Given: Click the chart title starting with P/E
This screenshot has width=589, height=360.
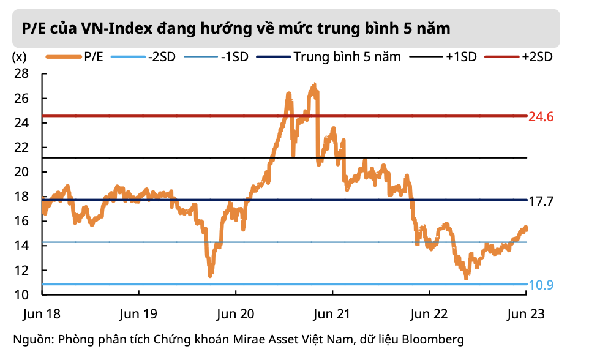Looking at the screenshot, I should [x=236, y=28].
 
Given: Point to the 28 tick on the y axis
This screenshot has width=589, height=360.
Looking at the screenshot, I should [x=21, y=73].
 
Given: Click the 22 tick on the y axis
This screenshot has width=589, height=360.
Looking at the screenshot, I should [x=21, y=148].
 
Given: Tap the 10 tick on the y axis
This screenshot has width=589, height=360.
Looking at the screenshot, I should [x=21, y=294].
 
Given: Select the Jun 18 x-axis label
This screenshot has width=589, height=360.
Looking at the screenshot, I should [x=42, y=313].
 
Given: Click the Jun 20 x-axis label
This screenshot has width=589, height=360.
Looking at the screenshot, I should [x=236, y=313].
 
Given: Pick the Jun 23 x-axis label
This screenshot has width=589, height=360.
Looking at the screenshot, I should [x=526, y=313].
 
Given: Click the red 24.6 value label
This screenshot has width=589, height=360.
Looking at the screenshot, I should [x=541, y=116].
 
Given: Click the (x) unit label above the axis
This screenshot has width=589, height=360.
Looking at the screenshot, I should [x=19, y=57].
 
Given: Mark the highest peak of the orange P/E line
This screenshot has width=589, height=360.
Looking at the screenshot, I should [x=314, y=85].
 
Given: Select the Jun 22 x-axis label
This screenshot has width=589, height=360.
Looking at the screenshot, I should [x=429, y=313].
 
